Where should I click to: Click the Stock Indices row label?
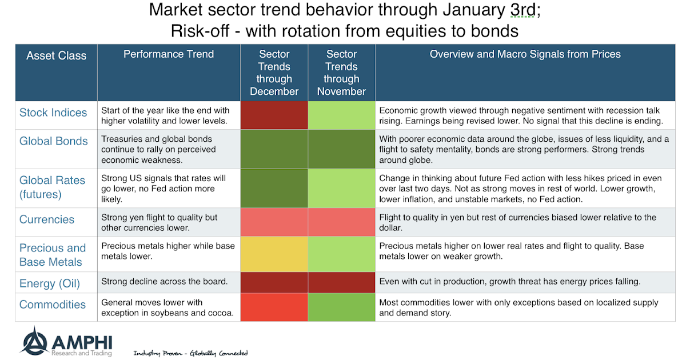click(x=53, y=113)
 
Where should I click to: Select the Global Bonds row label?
click(x=54, y=141)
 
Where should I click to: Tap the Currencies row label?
click(x=47, y=219)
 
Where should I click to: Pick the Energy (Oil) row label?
click(x=50, y=283)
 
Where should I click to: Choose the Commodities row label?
click(x=53, y=305)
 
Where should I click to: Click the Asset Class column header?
click(x=56, y=56)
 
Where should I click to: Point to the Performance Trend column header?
click(x=169, y=54)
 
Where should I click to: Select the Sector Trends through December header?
click(x=274, y=73)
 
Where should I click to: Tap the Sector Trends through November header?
click(x=341, y=73)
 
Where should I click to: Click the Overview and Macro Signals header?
click(x=525, y=54)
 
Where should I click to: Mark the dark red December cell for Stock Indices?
click(x=274, y=115)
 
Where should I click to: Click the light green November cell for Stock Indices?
click(x=341, y=115)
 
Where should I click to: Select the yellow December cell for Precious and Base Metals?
click(x=274, y=254)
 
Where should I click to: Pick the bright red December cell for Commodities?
click(x=274, y=307)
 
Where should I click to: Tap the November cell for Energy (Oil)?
click(x=341, y=283)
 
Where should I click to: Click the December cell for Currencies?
click(x=274, y=222)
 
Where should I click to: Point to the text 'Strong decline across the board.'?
click(x=164, y=282)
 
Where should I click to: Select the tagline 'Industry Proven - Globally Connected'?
click(x=190, y=353)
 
